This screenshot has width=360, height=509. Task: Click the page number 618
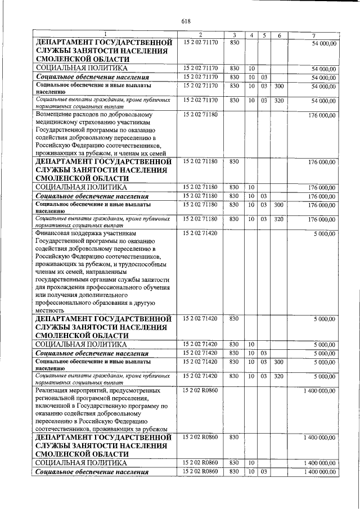click(187, 21)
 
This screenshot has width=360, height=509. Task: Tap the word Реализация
click(55, 390)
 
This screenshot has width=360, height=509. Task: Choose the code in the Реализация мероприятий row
click(200, 390)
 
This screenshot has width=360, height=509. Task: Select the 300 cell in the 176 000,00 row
click(278, 206)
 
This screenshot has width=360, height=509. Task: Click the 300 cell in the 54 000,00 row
click(278, 87)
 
